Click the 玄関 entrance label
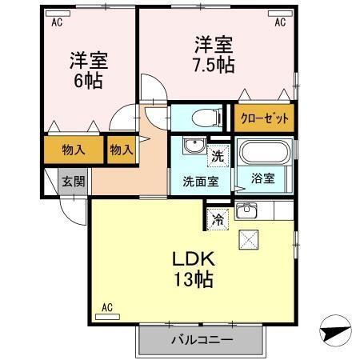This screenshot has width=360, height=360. pyautogui.click(x=73, y=181)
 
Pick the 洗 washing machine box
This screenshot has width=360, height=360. pyautogui.click(x=217, y=154)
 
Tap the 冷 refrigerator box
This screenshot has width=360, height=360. pyautogui.click(x=217, y=217)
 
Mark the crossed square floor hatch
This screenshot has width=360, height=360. pyautogui.click(x=248, y=238)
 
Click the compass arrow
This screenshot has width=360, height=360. pyautogui.click(x=334, y=329)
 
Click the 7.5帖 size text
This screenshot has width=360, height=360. pyautogui.click(x=213, y=65)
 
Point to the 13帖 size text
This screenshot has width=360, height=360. pyautogui.click(x=192, y=280)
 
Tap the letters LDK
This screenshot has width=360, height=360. pyautogui.click(x=191, y=259)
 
